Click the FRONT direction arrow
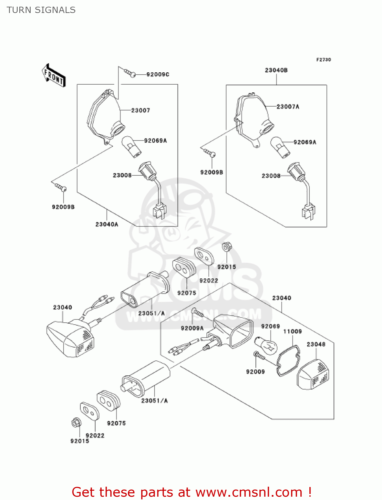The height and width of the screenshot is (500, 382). point(54,76)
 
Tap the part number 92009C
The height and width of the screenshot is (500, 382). point(158,74)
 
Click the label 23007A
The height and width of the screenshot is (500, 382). point(288,107)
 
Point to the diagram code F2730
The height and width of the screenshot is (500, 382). point(323,60)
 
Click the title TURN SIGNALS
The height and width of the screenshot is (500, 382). point(41,10)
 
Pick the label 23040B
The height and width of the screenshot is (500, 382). point(276,70)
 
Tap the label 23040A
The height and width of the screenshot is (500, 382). point(107,224)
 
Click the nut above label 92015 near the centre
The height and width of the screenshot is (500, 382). point(227,247)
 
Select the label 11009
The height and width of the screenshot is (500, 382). point(292,331)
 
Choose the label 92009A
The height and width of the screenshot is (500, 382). point(192,328)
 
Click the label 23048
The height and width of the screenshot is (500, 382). point(316,344)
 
